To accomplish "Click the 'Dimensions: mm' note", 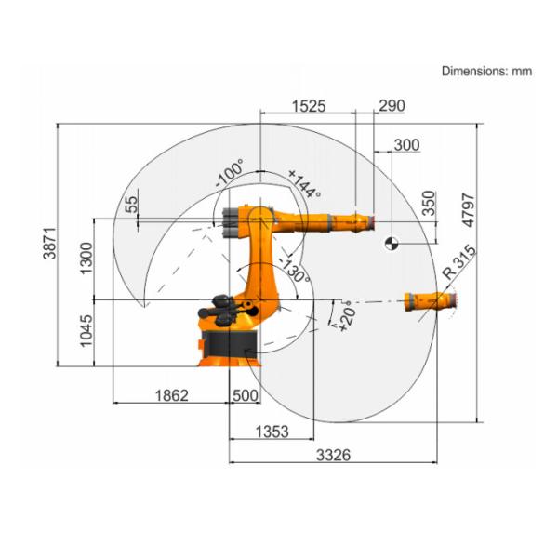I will (486, 71).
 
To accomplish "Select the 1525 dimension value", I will (308, 106).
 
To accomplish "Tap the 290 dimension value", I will (391, 106).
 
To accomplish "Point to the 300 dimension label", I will (406, 145).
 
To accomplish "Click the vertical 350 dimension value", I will (428, 204).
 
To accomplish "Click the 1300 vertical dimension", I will (86, 257).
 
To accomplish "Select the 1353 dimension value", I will (271, 432).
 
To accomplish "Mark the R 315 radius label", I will (459, 261).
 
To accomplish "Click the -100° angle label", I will (229, 173).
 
